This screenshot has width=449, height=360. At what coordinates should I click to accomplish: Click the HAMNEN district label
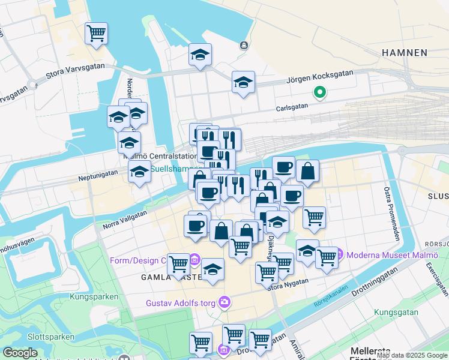(404, 53)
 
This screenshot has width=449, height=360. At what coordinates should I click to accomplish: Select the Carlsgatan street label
(292, 106)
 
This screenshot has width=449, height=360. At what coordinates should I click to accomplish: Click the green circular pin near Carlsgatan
(320, 92)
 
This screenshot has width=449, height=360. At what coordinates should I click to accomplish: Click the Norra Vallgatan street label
(125, 218)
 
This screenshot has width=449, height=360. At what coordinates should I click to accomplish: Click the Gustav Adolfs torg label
(180, 303)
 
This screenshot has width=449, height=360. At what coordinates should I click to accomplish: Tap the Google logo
(20, 353)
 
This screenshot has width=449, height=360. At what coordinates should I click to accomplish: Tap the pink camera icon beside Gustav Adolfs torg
(224, 302)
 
